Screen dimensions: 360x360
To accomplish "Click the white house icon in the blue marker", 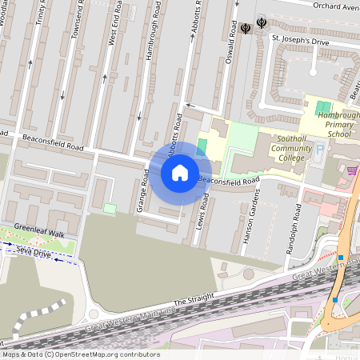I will pos(180,173).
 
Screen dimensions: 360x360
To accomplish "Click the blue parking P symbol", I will pos(321,149).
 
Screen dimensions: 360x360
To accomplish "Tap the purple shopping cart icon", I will pos(352,170).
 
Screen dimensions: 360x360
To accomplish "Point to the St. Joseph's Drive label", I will pos(298,38).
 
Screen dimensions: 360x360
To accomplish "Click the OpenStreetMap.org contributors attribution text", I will pos(104,354).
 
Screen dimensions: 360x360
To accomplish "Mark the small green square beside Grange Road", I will pos(110,209).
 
